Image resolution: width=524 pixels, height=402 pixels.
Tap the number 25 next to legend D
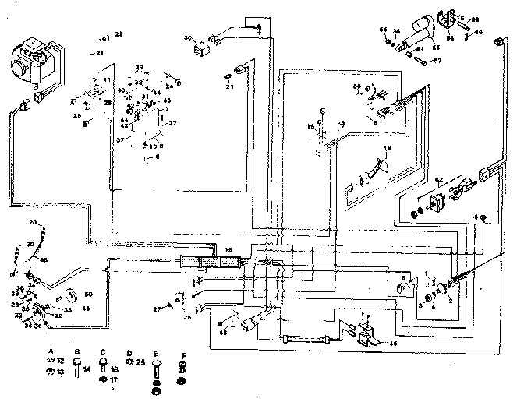tap(141, 363)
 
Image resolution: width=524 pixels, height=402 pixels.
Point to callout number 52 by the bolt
tap(437, 59)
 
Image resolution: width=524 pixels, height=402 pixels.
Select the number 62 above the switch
tap(439, 181)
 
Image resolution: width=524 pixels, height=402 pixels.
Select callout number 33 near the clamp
tap(68, 310)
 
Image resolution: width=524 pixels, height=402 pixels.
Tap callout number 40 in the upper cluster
tap(121, 91)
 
